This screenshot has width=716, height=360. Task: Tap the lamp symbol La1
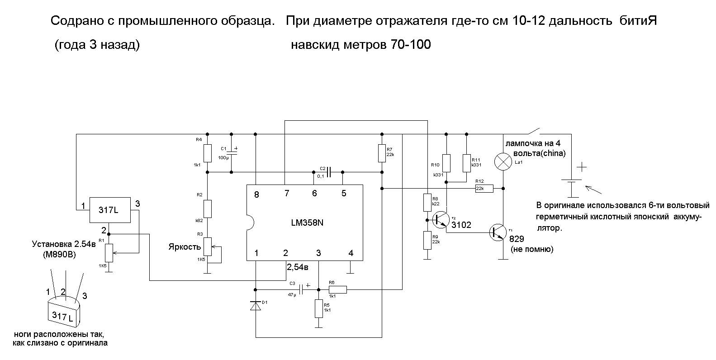[503, 161]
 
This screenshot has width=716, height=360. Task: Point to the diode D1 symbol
[256, 306]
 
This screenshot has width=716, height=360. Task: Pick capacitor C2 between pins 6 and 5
[329, 172]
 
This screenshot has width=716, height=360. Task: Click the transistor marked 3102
[439, 220]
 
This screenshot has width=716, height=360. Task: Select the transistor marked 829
[498, 232]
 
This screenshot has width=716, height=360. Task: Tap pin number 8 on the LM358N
[256, 194]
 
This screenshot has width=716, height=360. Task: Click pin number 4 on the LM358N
[351, 253]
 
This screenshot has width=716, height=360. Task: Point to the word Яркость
[184, 247]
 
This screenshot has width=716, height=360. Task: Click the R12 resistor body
[484, 189]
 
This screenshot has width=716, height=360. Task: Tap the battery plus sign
[582, 167]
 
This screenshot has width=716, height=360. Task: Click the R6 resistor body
[337, 289]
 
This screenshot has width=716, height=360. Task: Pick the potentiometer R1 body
[109, 252]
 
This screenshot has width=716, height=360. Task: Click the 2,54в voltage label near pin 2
[298, 267]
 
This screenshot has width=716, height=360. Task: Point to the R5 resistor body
[319, 308]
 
